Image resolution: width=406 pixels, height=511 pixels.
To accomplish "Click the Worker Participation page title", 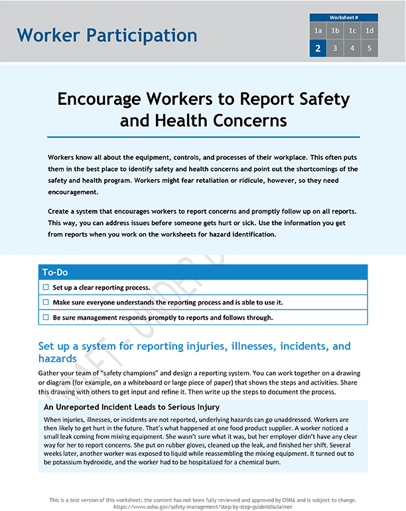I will coord(107,35).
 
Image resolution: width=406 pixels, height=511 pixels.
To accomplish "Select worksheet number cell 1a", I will coord(318,30).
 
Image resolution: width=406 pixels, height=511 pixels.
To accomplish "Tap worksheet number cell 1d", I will coord(370,30).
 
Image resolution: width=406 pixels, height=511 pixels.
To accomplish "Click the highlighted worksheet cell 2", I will coord(318,48).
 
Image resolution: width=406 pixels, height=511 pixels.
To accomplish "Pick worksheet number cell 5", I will coord(370,48).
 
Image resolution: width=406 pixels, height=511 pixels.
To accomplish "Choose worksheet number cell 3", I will coord(335,48).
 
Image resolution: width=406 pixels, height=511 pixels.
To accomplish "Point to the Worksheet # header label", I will coord(344,17).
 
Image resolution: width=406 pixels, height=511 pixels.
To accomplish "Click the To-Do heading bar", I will coord(203,272).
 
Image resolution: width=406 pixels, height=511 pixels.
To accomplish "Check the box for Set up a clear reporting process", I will coord(46,288).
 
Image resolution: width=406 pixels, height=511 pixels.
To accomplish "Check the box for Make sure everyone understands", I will coord(46,302).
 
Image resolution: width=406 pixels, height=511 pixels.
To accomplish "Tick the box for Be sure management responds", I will coord(46,317).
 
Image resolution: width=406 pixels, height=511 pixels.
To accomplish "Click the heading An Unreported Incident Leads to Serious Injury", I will coord(131,406).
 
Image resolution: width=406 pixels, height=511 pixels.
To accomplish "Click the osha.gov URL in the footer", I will coord(202,505).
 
